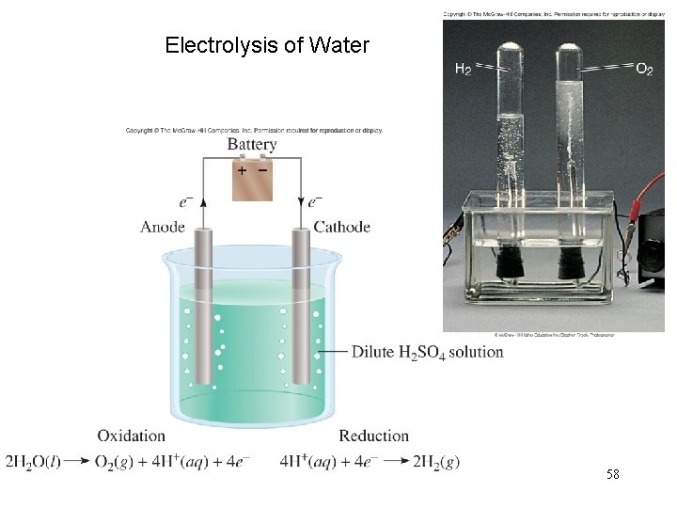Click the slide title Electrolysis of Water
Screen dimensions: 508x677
pyautogui.click(x=267, y=45)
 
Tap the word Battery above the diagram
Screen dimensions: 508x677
pyautogui.click(x=251, y=145)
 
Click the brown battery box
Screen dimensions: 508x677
pyautogui.click(x=252, y=181)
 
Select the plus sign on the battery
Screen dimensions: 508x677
pyautogui.click(x=241, y=171)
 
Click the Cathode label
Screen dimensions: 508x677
pyautogui.click(x=341, y=227)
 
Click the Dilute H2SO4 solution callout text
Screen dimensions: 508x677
pyautogui.click(x=427, y=353)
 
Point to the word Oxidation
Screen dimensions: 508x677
pyautogui.click(x=131, y=436)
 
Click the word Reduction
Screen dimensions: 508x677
pyautogui.click(x=373, y=436)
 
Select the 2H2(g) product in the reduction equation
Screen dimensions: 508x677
pyautogui.click(x=436, y=462)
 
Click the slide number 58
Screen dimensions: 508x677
pyautogui.click(x=613, y=475)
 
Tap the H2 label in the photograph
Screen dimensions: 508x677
pyautogui.click(x=464, y=69)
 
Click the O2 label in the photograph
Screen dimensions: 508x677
pyautogui.click(x=644, y=69)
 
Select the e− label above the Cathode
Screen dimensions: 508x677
pyautogui.click(x=314, y=201)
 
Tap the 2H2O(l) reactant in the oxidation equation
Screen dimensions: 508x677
pyautogui.click(x=33, y=462)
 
